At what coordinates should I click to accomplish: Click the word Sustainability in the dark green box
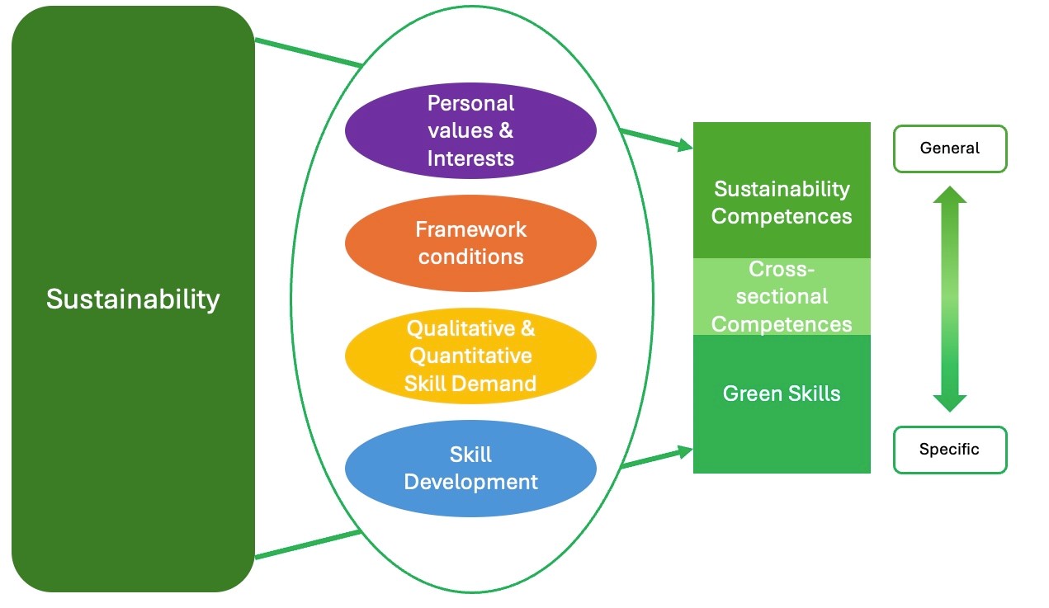tap(133, 299)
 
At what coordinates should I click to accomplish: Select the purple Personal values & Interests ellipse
tap(470, 130)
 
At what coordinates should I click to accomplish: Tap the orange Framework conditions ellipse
tap(470, 243)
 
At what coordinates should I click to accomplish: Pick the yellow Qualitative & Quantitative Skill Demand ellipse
tap(470, 356)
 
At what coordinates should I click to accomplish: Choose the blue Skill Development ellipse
tap(470, 468)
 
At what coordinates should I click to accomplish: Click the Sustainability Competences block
tap(782, 190)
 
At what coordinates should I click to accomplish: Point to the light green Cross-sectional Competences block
tap(782, 296)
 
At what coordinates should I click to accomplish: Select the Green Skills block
tap(782, 404)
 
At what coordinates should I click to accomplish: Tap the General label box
tap(950, 148)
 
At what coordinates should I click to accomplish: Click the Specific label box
tap(950, 450)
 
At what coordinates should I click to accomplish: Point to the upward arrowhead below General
tap(950, 195)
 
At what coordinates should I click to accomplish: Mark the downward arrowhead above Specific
tap(950, 403)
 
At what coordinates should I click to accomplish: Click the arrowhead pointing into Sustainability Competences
tap(686, 145)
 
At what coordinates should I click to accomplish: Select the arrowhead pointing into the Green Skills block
tap(686, 452)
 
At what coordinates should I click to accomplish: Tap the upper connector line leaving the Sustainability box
tap(309, 53)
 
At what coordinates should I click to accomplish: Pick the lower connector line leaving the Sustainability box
tap(309, 544)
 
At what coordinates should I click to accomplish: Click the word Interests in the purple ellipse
tap(470, 158)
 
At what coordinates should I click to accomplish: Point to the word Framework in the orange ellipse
tap(470, 229)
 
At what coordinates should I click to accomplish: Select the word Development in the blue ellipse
tap(470, 482)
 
